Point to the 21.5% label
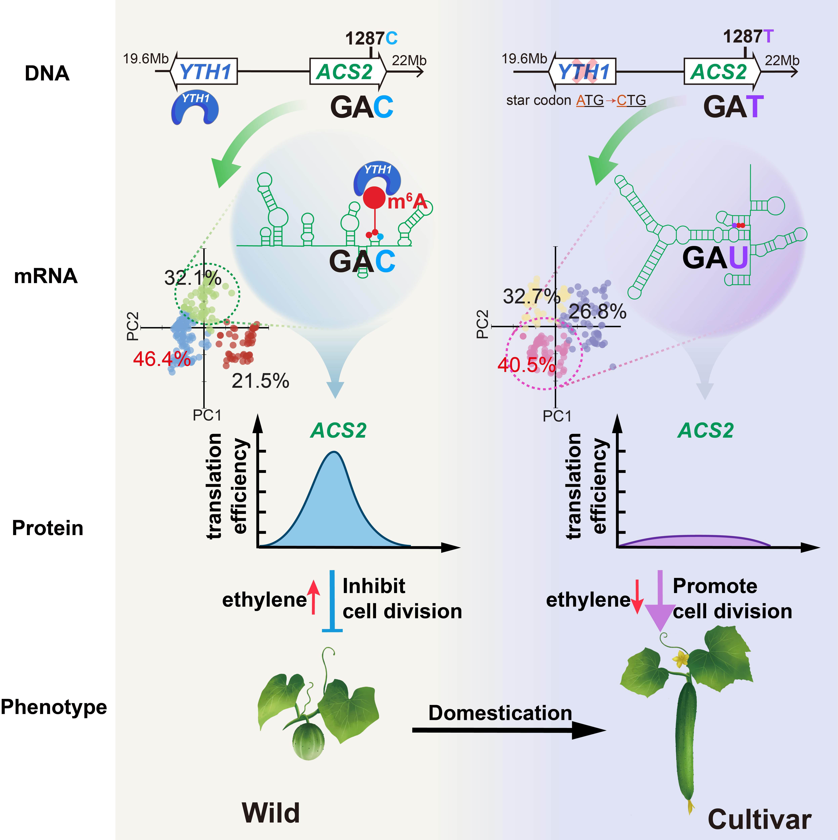coord(260,381)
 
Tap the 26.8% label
coord(598,312)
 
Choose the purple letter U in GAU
coord(738,258)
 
